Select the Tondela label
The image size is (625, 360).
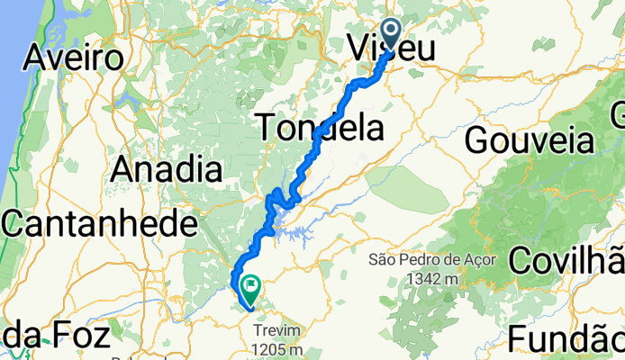(x=319, y=128)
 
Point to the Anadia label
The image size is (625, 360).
(x=168, y=168)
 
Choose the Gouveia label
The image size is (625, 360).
(x=530, y=140)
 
